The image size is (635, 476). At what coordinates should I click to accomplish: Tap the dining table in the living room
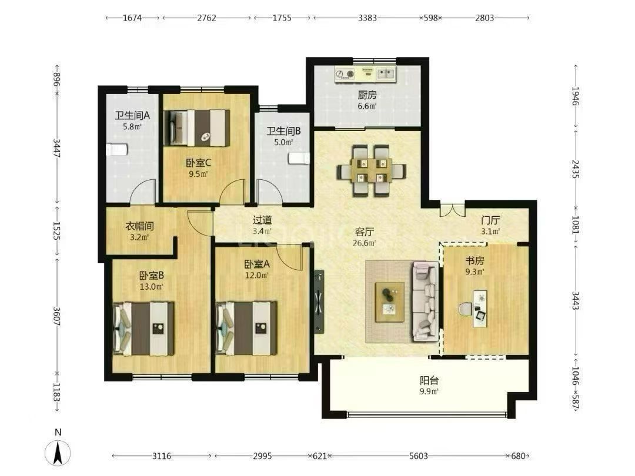(371, 170)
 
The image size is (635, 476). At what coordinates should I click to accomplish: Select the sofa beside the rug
(426, 301)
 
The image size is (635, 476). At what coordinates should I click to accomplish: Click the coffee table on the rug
(390, 302)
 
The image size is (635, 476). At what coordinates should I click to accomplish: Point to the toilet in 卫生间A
(116, 150)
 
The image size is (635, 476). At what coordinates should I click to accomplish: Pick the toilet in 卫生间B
(299, 158)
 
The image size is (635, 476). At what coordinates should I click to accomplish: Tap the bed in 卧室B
(144, 328)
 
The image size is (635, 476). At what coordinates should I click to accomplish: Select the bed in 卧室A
(246, 328)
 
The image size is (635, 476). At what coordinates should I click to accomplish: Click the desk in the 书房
(480, 308)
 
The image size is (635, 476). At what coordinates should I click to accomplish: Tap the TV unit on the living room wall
(319, 301)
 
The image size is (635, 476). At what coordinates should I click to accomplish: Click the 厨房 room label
(367, 95)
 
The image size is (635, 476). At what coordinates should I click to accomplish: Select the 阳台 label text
(429, 380)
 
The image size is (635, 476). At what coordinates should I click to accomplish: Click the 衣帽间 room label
(139, 226)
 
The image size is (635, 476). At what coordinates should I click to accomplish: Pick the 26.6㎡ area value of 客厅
(364, 243)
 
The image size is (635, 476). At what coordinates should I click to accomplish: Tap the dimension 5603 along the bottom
(419, 456)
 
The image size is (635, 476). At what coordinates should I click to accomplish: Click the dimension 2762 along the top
(206, 18)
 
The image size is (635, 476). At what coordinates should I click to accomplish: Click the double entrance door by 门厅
(452, 209)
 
